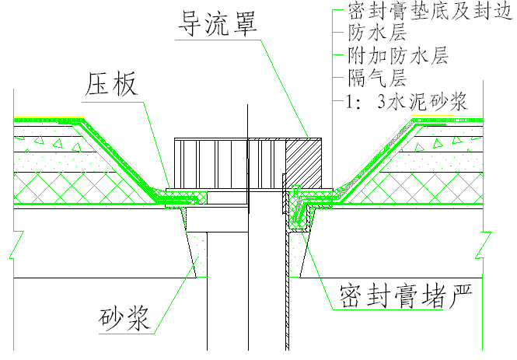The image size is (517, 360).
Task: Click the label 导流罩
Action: pos(217,23)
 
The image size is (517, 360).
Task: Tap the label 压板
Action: pos(111,85)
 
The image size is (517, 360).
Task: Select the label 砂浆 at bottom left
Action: pos(125,318)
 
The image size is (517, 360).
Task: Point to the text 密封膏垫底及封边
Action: pos(430,11)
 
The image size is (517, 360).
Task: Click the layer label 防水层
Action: pos(378,33)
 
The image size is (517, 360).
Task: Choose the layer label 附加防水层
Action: pos(398,55)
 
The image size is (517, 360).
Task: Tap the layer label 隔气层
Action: pos(378,78)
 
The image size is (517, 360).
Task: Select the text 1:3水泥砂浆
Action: pos(406,101)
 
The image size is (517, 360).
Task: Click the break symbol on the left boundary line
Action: pos(16,245)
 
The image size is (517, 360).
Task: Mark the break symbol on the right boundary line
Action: pos(483,245)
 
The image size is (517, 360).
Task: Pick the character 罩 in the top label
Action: pos(244,23)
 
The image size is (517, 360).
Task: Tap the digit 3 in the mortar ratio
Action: pos(382,102)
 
